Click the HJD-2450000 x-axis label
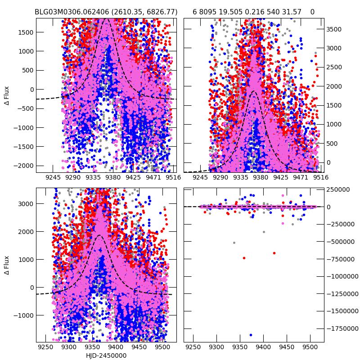point(106,355)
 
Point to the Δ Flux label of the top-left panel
point(7,95)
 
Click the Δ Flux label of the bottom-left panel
point(7,265)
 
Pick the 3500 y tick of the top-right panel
point(333,29)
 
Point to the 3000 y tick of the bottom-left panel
point(25,203)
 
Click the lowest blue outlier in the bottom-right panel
point(251,335)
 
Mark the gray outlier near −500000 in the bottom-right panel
point(234,243)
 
